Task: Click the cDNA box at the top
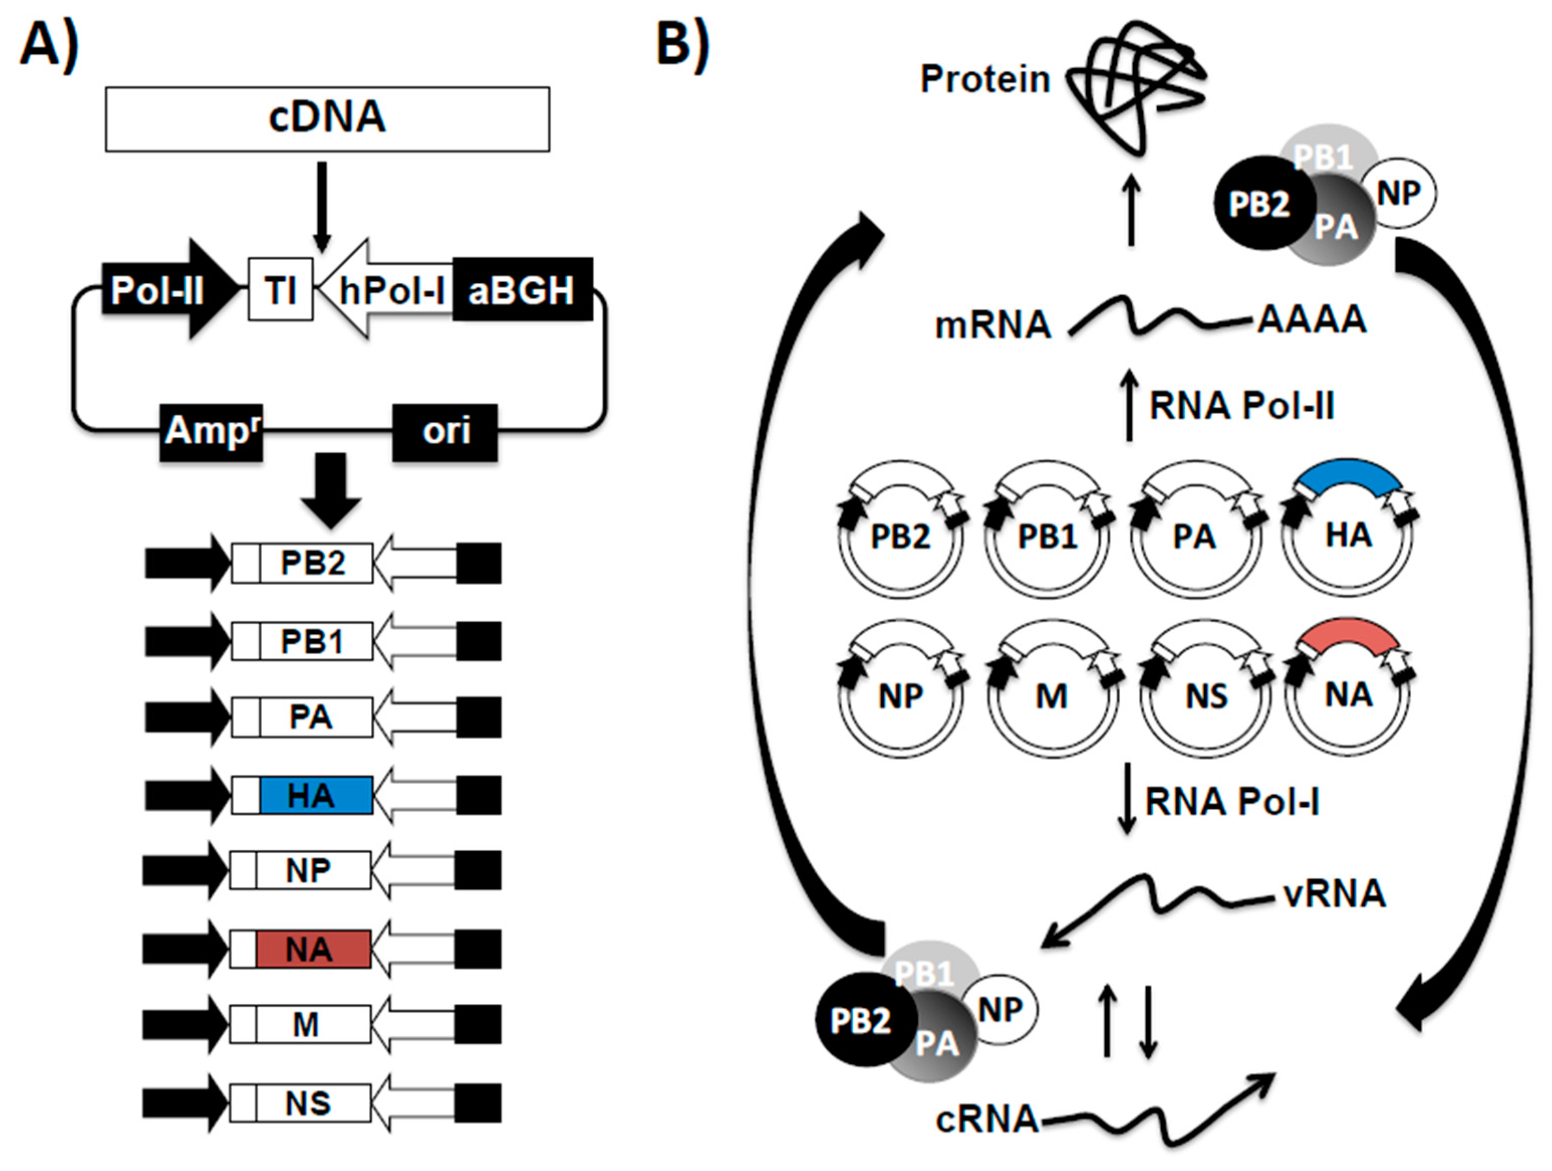click(x=327, y=118)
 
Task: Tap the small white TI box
click(x=280, y=289)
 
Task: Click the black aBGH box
click(x=522, y=289)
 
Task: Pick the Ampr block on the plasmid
click(x=210, y=432)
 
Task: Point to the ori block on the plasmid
click(x=445, y=432)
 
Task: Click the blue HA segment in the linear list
click(x=315, y=795)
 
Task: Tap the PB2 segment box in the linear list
click(x=315, y=563)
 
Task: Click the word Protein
click(x=984, y=79)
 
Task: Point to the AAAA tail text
click(x=1311, y=319)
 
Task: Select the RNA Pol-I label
click(x=1231, y=802)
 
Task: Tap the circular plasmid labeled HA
click(x=1348, y=537)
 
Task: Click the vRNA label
click(x=1334, y=894)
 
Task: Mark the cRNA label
click(x=986, y=1119)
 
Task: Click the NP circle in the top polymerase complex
click(x=1398, y=193)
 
